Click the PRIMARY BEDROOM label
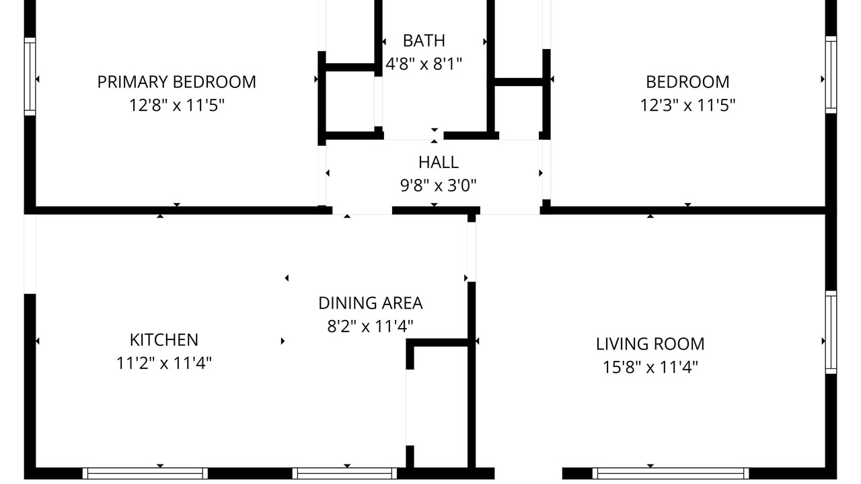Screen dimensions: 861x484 (x=176, y=82)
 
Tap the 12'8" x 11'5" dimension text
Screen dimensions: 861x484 (x=176, y=105)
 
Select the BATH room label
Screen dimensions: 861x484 (x=424, y=41)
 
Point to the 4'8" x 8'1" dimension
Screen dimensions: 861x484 (x=424, y=64)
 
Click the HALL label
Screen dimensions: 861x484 (x=438, y=162)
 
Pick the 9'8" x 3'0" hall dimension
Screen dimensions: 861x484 (x=438, y=186)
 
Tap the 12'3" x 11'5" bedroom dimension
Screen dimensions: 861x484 (x=687, y=105)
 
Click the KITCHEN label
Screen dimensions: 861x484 (x=164, y=339)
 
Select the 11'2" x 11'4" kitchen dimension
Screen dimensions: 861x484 (x=164, y=363)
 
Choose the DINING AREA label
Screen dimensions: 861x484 (x=371, y=303)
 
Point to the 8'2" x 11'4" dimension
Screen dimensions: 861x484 (x=371, y=327)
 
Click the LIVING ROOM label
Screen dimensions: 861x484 (x=650, y=344)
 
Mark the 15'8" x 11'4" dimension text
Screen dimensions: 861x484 (x=650, y=367)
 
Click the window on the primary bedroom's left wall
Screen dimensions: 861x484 (x=30, y=77)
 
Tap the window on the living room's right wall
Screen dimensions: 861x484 (x=831, y=332)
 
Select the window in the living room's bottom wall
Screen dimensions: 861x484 (x=671, y=473)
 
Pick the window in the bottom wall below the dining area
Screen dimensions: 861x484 (x=344, y=473)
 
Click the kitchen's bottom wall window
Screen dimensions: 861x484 (x=145, y=473)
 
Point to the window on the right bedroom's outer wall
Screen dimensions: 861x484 (x=831, y=75)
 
